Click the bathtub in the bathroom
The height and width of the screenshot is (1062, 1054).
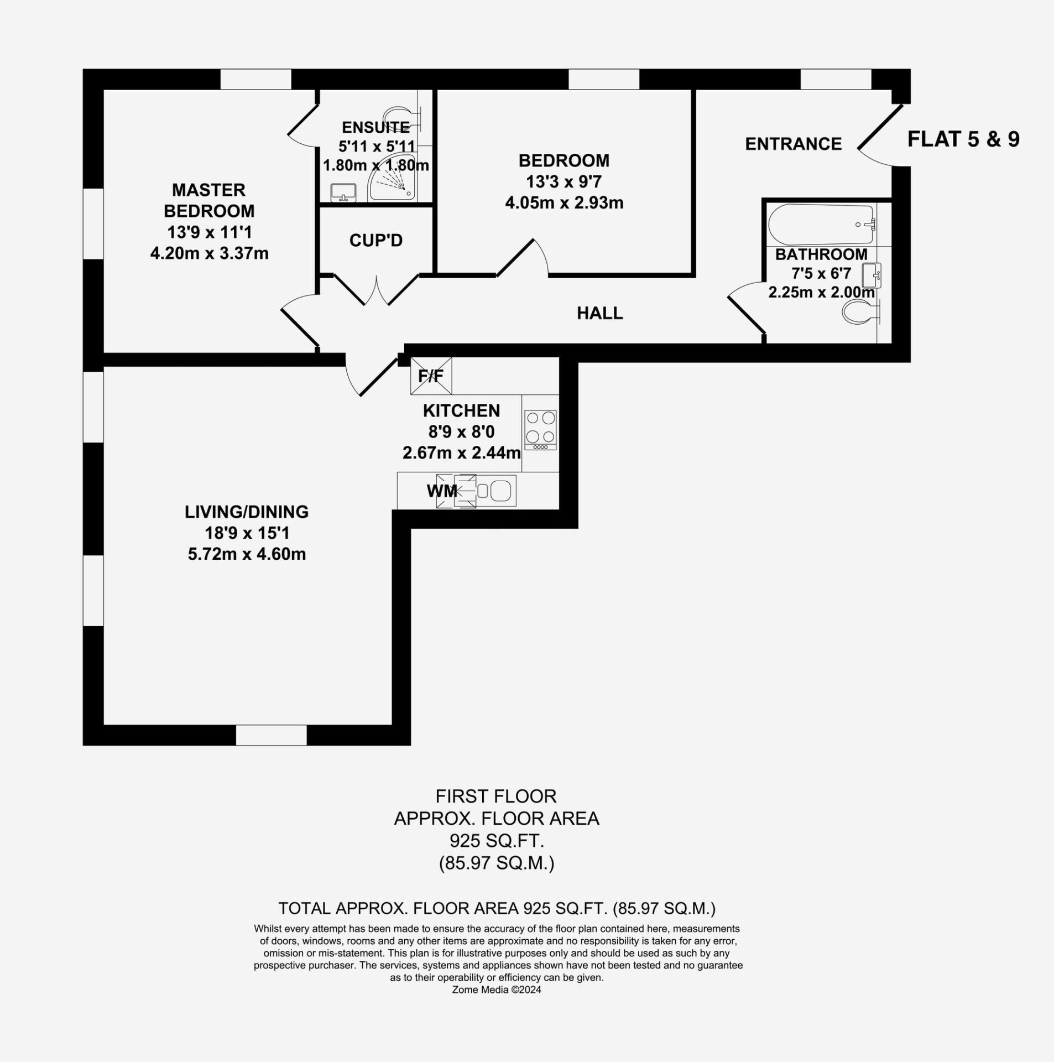coord(821,225)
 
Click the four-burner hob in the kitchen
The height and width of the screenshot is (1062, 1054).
coord(540,430)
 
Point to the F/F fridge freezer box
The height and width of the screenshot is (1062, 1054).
coord(431,376)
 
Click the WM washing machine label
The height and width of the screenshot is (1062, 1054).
coord(442,491)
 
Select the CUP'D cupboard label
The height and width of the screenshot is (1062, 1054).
coord(376,241)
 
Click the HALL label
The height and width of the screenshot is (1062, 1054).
coord(600,313)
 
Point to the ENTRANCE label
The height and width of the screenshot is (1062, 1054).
coord(794,144)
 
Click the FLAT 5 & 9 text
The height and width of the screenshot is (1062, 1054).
coord(963,139)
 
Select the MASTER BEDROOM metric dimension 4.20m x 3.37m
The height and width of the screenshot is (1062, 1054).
coord(210,253)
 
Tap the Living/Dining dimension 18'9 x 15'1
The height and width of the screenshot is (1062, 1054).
coord(247,533)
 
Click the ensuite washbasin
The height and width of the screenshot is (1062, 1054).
coord(343,193)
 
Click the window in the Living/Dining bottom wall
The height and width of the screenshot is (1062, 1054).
coord(272,735)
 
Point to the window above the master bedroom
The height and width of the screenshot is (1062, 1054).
coord(256,79)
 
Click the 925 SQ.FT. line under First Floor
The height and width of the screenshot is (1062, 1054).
coord(497,841)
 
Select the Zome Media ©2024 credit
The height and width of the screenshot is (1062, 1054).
coord(497,990)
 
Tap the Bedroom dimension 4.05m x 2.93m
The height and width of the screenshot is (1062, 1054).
coord(564,202)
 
